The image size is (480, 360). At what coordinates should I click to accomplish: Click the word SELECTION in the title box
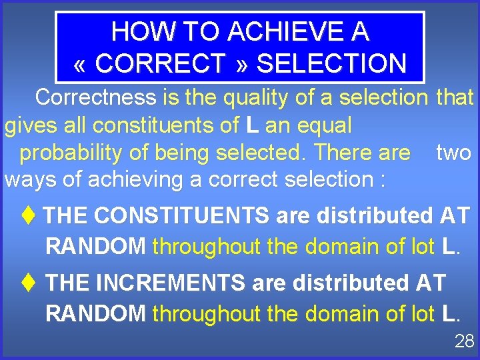[331, 63]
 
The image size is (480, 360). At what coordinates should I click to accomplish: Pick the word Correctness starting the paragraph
[96, 97]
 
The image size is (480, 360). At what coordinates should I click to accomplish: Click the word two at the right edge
[453, 153]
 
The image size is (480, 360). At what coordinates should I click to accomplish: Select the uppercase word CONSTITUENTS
[181, 215]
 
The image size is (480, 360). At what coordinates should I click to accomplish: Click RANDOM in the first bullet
[95, 246]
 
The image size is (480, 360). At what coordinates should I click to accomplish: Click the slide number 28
[464, 342]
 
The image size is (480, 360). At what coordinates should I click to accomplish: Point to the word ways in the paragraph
[27, 179]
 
